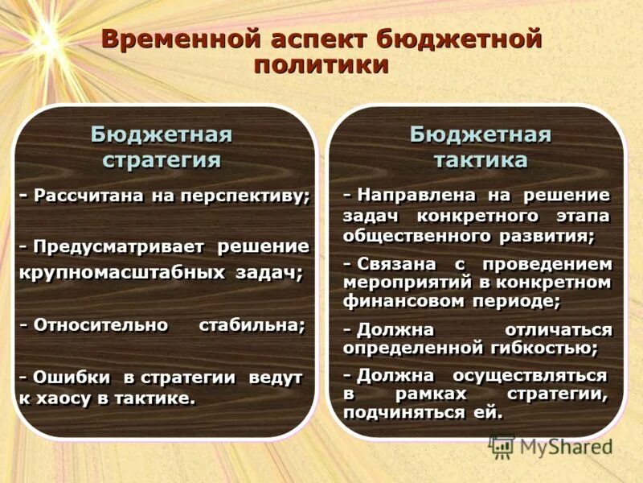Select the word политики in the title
[x=321, y=64]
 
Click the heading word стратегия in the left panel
[x=162, y=159]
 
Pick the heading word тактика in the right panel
[x=481, y=159]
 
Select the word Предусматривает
[x=119, y=246]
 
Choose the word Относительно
[x=101, y=325]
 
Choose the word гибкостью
[x=547, y=349]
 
